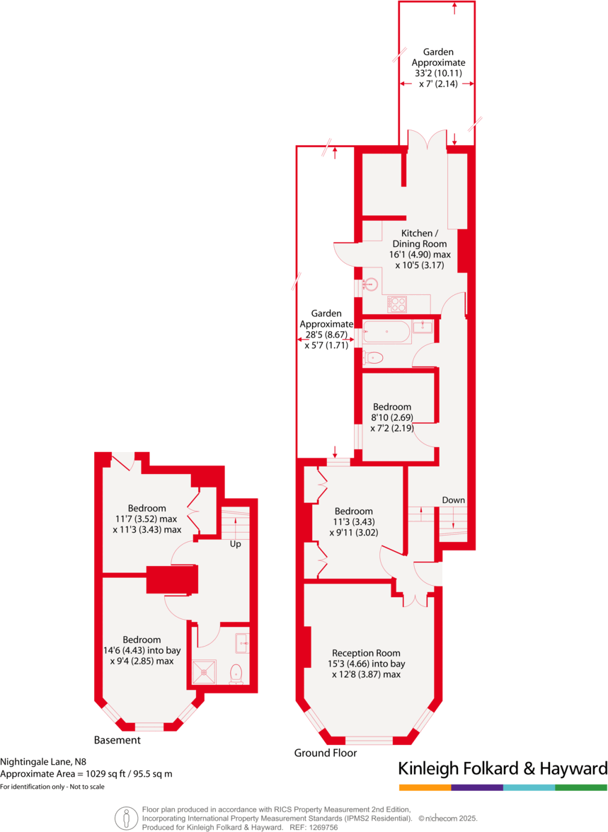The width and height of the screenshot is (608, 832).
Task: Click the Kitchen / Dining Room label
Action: pyautogui.click(x=424, y=238)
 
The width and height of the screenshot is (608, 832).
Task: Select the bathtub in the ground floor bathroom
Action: pyautogui.click(x=386, y=332)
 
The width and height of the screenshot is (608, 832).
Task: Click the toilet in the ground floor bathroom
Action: pyautogui.click(x=372, y=358)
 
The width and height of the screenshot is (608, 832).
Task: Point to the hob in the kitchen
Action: pyautogui.click(x=397, y=304)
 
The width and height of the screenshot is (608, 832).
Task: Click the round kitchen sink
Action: pyautogui.click(x=370, y=285)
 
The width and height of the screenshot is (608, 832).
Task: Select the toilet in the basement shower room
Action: pyautogui.click(x=236, y=674)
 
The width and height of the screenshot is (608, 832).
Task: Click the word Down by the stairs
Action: pyautogui.click(x=454, y=500)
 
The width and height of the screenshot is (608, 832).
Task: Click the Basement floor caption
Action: pyautogui.click(x=117, y=740)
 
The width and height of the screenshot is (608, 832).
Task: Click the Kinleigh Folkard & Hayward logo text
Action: pyautogui.click(x=503, y=769)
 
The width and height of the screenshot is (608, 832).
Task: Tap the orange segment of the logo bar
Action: pyautogui.click(x=425, y=787)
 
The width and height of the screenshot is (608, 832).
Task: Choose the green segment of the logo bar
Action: pyautogui.click(x=581, y=787)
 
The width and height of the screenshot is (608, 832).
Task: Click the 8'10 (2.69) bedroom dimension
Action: pyautogui.click(x=391, y=417)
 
